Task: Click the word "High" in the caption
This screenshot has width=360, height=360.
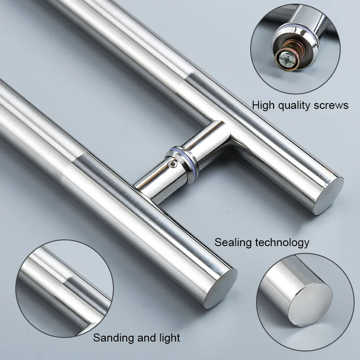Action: (263, 105)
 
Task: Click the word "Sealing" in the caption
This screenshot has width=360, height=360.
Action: (233, 243)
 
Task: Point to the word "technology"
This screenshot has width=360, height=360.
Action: (282, 243)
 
